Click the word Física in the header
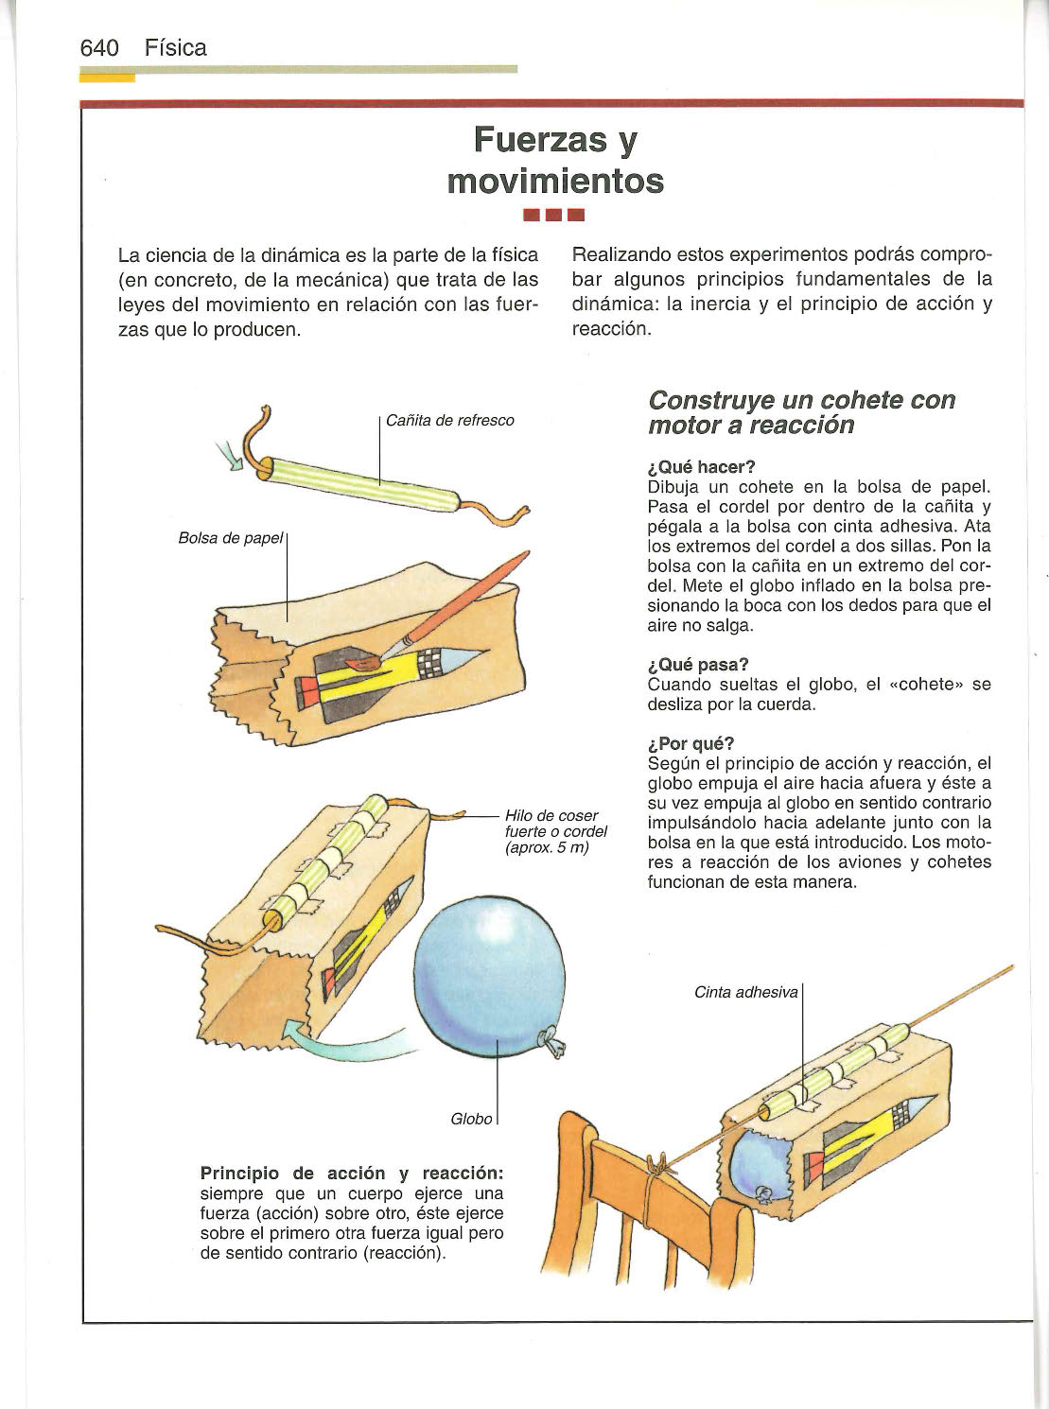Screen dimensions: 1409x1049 [x=176, y=48]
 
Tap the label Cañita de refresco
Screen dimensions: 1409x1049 [x=449, y=420]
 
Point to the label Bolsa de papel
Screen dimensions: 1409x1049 [x=231, y=538]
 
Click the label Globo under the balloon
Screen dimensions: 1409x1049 [x=472, y=1119]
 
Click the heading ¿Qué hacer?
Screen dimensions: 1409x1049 [x=702, y=467]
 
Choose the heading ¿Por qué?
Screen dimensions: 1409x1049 [x=691, y=743]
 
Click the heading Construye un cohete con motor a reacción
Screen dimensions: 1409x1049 [x=801, y=412]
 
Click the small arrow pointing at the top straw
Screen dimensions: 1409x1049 [x=230, y=457]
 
